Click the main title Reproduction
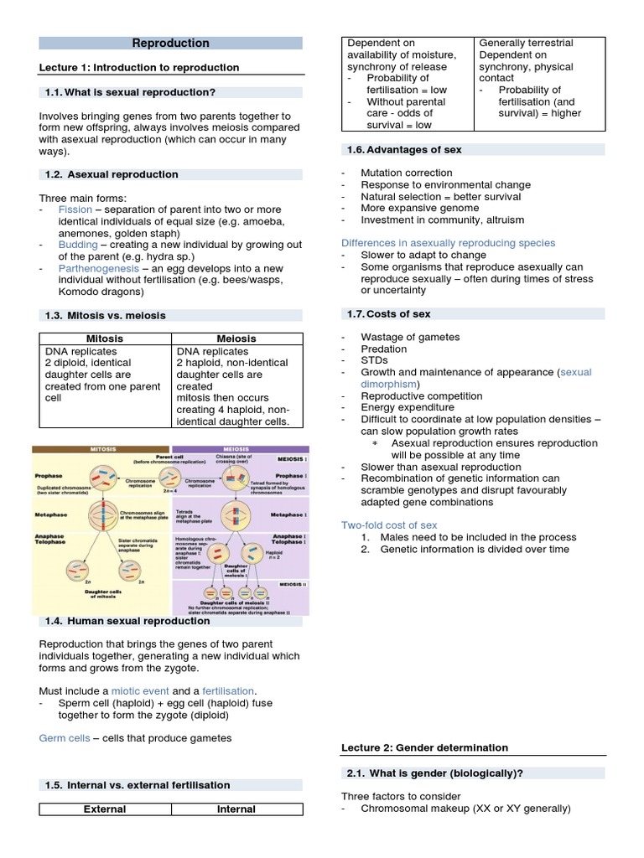pos(171,43)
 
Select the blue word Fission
pos(75,209)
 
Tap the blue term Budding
pos(78,244)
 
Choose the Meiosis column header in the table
pos(236,339)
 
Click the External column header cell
pos(105,809)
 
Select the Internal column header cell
pos(236,809)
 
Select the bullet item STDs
pos(374,360)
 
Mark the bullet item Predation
pos(383,349)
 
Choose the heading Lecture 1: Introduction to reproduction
pos(139,67)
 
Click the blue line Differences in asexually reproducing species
pos(448,243)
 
